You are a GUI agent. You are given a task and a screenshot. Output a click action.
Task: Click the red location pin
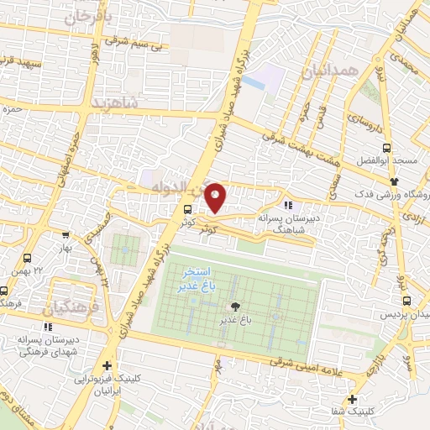(216, 198)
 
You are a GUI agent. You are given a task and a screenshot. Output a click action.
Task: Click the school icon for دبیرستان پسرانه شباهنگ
(289, 204)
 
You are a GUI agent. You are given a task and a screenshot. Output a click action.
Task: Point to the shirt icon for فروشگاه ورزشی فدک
(392, 181)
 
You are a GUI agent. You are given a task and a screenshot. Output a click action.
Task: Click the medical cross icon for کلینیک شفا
(351, 399)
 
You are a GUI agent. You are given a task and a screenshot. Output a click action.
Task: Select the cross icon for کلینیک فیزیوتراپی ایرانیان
(106, 365)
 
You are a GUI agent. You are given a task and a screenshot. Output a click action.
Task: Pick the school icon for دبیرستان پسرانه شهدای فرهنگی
(45, 327)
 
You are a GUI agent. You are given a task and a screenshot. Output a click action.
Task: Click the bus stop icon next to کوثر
(186, 209)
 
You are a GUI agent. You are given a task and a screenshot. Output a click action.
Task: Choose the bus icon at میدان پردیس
(406, 300)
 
